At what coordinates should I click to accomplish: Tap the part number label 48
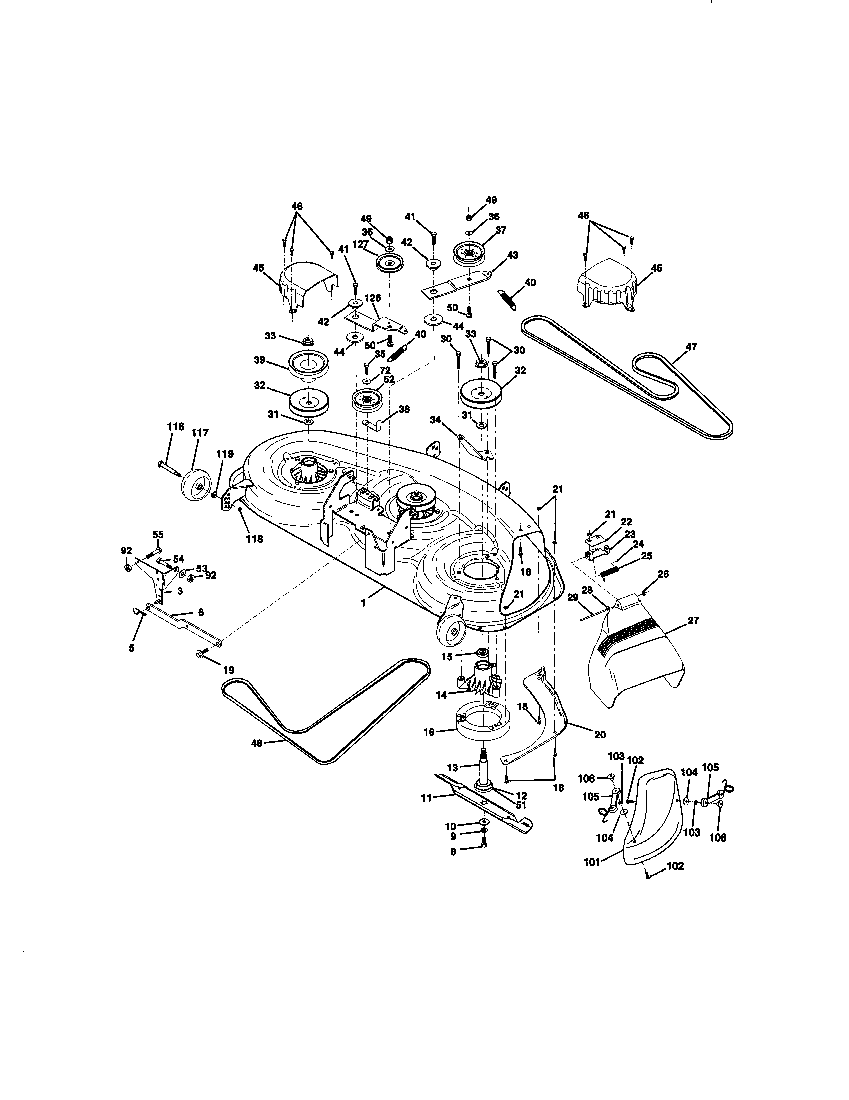(257, 743)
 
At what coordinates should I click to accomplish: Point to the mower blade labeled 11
(484, 805)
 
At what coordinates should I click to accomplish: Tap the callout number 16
(429, 732)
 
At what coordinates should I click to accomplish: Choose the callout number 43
(512, 255)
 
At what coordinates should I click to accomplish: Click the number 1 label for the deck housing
(364, 603)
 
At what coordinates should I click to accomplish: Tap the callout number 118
(254, 539)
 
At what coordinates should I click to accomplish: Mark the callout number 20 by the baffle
(599, 735)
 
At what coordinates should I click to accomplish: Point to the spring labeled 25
(614, 571)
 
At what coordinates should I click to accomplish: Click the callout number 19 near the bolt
(228, 670)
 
